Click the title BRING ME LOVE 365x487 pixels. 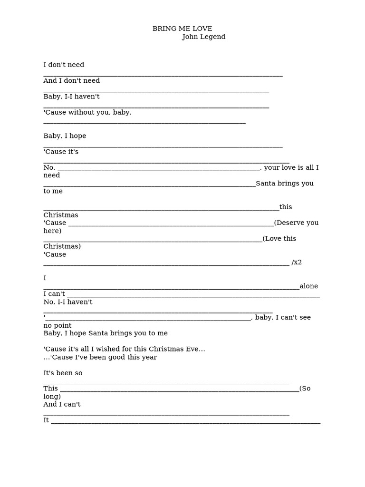(x=182, y=29)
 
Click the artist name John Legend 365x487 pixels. (x=203, y=37)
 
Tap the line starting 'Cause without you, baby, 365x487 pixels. (x=87, y=113)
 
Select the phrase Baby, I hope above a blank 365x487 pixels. (x=65, y=136)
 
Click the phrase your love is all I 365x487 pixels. (x=291, y=167)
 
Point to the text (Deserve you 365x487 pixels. (x=296, y=223)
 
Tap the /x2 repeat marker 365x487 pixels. (x=297, y=262)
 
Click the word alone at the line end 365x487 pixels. (x=308, y=286)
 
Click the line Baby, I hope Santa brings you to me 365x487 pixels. (x=106, y=333)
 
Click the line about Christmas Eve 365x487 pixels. (x=124, y=349)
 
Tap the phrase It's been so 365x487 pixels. (x=63, y=373)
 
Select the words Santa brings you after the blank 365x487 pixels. (x=284, y=184)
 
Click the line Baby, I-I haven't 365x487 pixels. (x=71, y=97)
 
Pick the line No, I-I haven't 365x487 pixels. (x=68, y=302)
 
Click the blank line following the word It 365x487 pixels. (x=185, y=421)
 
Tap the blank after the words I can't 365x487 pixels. (x=193, y=295)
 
